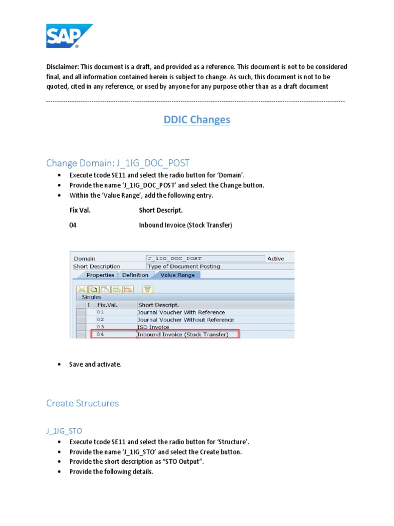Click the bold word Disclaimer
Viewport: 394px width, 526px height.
tap(62, 67)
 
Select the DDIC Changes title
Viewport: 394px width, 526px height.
tap(197, 120)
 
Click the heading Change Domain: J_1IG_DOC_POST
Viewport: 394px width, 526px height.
tap(117, 163)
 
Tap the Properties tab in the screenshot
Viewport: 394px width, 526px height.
tap(100, 275)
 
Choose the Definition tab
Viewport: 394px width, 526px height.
tap(135, 275)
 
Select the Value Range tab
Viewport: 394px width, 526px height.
tap(178, 275)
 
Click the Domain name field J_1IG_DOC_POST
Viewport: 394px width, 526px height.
tap(205, 258)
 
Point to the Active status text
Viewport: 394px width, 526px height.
tap(275, 258)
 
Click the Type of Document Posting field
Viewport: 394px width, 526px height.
tap(205, 266)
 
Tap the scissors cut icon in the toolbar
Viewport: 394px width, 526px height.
tap(82, 289)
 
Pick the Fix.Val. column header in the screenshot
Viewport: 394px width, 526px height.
tap(107, 305)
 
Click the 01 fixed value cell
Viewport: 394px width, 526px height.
tap(100, 312)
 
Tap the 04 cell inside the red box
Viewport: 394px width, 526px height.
tap(100, 334)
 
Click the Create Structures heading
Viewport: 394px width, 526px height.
tap(82, 403)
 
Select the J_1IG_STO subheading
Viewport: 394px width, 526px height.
tap(64, 430)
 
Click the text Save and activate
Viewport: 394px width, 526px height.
tap(95, 364)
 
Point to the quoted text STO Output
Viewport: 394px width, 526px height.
tap(187, 461)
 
